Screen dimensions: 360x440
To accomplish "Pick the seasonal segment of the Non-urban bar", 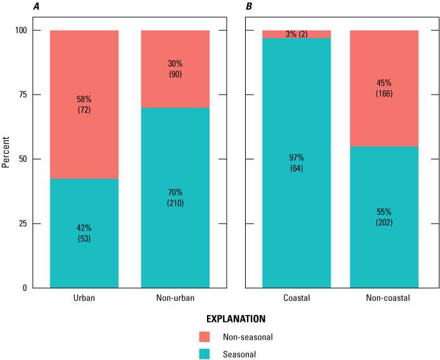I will click(x=175, y=241).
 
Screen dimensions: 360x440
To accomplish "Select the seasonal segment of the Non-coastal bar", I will click(x=384, y=254).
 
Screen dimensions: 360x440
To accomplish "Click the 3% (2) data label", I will click(x=297, y=34).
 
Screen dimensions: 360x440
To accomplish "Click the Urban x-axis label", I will click(x=84, y=297).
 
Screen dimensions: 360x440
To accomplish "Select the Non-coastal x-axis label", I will click(x=384, y=297).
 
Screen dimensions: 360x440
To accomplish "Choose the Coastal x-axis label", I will click(x=297, y=297).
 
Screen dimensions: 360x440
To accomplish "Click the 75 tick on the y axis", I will click(x=20, y=95).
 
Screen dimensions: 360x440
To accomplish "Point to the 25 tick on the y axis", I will click(x=20, y=223).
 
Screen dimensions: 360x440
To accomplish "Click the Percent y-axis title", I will click(x=6, y=159).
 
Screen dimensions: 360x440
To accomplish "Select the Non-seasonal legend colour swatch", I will click(x=204, y=337).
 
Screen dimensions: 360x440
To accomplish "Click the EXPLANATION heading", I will click(x=235, y=318).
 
